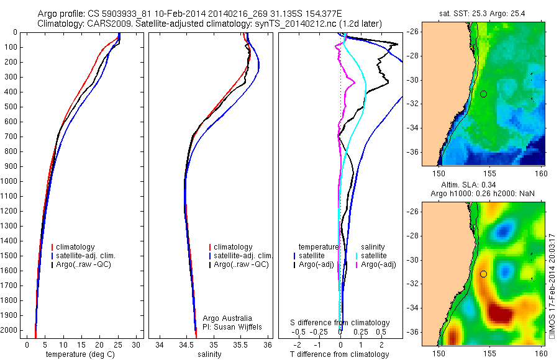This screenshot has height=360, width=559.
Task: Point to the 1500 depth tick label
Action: point(10,256)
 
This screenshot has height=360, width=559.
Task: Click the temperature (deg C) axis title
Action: point(80,354)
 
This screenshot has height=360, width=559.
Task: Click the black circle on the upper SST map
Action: point(483,94)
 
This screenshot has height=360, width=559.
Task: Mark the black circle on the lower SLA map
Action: point(483,274)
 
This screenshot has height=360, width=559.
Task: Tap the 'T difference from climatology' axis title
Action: point(339,354)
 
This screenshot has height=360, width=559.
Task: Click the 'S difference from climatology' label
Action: point(340,323)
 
